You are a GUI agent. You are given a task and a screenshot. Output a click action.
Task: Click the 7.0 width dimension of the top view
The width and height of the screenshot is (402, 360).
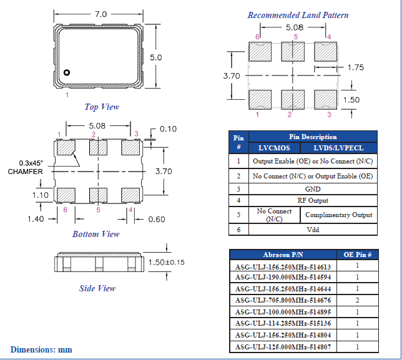(100, 13)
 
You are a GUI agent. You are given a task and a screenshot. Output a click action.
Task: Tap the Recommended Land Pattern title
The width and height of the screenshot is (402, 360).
(298, 15)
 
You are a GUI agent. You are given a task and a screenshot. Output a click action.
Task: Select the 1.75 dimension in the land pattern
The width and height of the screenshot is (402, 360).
(355, 67)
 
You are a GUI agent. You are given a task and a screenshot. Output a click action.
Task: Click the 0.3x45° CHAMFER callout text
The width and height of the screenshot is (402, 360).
(25, 167)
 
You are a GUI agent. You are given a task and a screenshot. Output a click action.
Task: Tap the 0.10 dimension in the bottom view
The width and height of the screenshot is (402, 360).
(168, 129)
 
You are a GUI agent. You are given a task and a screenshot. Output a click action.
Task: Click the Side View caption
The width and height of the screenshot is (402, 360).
(97, 288)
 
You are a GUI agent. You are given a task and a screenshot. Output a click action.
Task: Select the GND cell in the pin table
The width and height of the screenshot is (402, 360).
(312, 188)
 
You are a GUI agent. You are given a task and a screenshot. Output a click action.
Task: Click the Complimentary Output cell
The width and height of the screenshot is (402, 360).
(338, 215)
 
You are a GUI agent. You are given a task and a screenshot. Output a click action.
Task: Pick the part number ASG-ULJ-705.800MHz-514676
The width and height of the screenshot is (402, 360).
(283, 300)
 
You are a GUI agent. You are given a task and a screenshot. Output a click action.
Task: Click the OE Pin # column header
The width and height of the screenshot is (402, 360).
(358, 255)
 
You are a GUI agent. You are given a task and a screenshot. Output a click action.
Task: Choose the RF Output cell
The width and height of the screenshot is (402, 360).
(312, 200)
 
